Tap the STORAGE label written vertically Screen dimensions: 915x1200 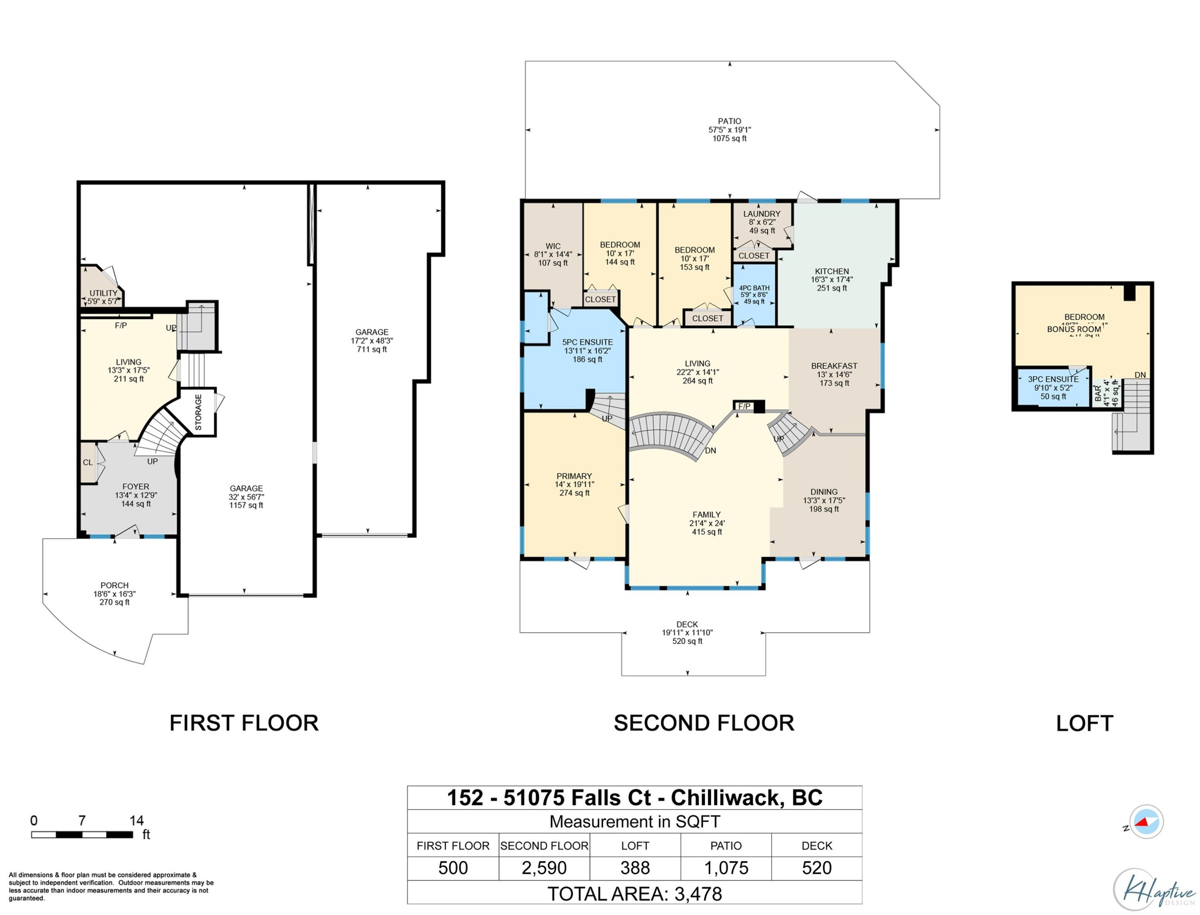pyautogui.click(x=198, y=412)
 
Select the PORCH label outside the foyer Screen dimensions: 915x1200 pyautogui.click(x=114, y=585)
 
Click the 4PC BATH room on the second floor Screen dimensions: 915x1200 pyautogui.click(x=754, y=294)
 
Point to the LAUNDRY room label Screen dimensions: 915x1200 pyautogui.click(x=762, y=214)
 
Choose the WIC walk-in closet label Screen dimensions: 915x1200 pyautogui.click(x=553, y=246)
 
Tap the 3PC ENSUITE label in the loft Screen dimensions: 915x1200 pyautogui.click(x=1053, y=379)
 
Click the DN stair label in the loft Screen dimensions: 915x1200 pyautogui.click(x=1140, y=375)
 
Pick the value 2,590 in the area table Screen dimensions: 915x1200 pyautogui.click(x=544, y=868)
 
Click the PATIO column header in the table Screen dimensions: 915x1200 pyautogui.click(x=726, y=845)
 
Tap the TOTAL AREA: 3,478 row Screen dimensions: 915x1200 pyautogui.click(x=634, y=894)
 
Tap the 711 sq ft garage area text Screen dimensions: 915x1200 pyautogui.click(x=372, y=349)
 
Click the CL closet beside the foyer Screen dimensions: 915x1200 pyautogui.click(x=88, y=463)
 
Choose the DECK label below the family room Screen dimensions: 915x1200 pyautogui.click(x=687, y=624)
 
